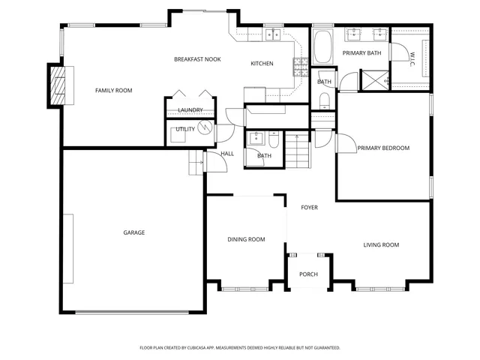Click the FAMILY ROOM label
tap(113, 91)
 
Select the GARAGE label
tap(134, 232)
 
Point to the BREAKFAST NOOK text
tap(196, 59)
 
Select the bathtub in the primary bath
tap(325, 47)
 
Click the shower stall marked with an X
tap(373, 79)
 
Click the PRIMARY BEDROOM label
tap(383, 148)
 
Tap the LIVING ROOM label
tap(381, 245)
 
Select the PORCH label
tap(308, 274)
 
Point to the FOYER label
tap(310, 208)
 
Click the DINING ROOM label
tap(247, 240)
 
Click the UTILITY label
tap(185, 130)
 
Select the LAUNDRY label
tap(190, 111)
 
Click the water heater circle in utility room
tap(205, 129)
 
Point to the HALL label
tap(227, 154)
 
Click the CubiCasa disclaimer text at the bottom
tap(240, 348)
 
